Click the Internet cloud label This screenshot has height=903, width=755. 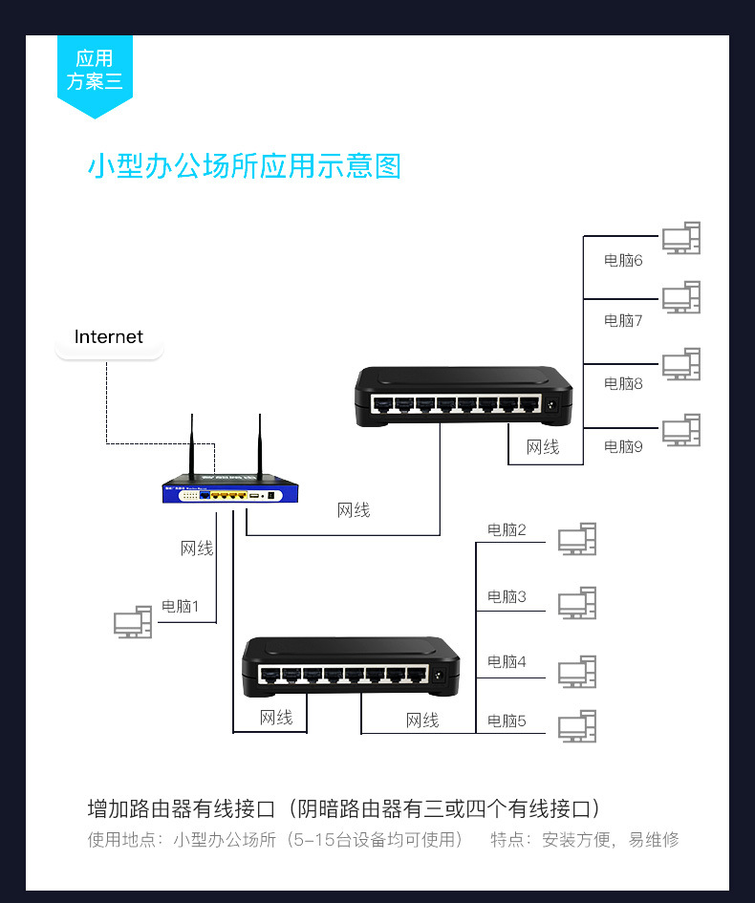(109, 337)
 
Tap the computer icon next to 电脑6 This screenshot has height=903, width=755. (681, 238)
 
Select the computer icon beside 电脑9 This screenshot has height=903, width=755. (681, 430)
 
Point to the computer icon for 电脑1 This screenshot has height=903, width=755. (133, 622)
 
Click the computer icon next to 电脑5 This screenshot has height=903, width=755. (577, 726)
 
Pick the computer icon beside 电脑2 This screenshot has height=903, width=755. (577, 539)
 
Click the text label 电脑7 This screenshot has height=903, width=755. (623, 320)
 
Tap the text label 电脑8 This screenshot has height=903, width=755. (623, 383)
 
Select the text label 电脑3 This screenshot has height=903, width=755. (507, 596)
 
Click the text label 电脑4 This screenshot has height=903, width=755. (507, 660)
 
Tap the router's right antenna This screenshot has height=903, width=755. (259, 446)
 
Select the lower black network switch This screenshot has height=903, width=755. (350, 666)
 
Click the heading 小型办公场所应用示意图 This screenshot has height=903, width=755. (245, 166)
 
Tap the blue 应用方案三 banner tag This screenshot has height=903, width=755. (95, 72)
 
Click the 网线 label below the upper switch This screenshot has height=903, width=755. (543, 446)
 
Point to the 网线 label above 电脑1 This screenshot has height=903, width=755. (197, 548)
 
